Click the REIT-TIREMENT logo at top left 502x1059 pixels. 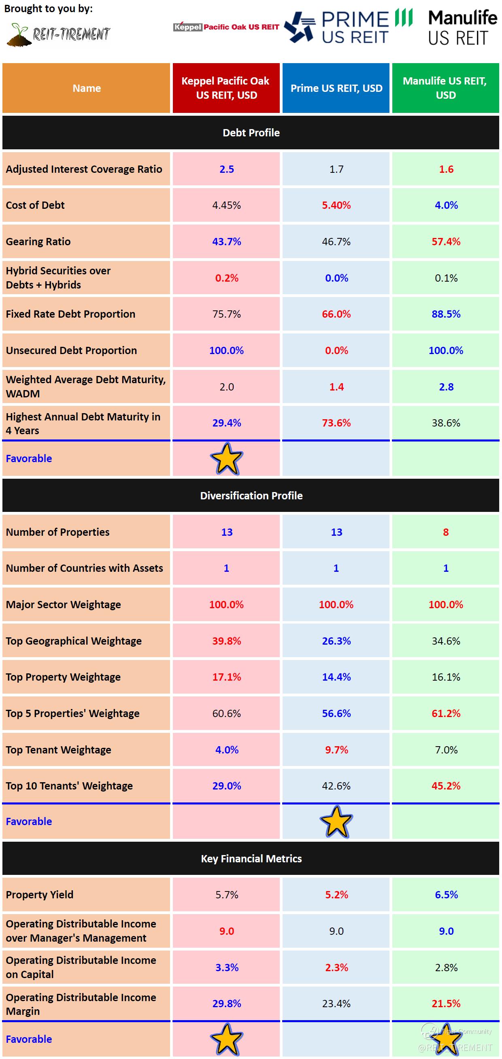click(59, 34)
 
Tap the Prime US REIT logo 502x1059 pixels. click(348, 27)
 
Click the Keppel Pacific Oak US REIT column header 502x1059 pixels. click(226, 88)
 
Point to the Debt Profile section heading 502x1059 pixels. click(251, 133)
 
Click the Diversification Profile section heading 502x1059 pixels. click(251, 495)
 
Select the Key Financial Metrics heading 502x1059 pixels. click(251, 858)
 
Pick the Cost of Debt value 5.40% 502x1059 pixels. click(336, 205)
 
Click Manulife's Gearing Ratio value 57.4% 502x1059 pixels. click(446, 242)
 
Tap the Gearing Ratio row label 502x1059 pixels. click(38, 242)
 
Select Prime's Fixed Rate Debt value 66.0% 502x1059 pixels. click(336, 314)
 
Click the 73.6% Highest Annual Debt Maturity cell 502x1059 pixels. click(336, 423)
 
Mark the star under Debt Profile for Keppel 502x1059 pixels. click(227, 459)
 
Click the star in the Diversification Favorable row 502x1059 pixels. click(336, 822)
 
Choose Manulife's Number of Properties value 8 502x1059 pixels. click(446, 532)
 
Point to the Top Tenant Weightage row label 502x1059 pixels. click(58, 750)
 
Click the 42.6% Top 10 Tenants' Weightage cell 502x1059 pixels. click(336, 785)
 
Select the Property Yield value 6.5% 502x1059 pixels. click(446, 895)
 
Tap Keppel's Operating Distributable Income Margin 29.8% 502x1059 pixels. click(227, 1004)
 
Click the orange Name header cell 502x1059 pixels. click(86, 88)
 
